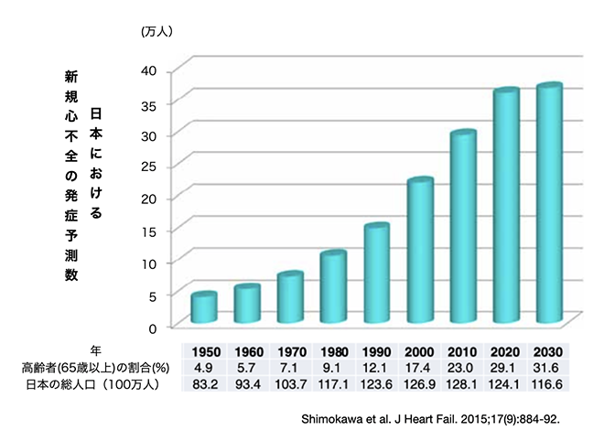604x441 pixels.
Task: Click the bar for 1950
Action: tap(203, 308)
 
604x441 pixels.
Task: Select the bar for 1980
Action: tap(333, 287)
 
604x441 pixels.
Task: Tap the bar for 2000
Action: tap(420, 252)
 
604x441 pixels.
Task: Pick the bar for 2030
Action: tap(548, 204)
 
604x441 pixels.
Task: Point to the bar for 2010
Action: tap(463, 228)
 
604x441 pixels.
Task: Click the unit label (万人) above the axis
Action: tap(157, 31)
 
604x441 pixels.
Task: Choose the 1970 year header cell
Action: tap(291, 351)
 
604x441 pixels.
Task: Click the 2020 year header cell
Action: tap(506, 351)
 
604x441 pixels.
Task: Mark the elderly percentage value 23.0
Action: tap(463, 367)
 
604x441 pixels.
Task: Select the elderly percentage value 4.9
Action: tap(204, 367)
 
